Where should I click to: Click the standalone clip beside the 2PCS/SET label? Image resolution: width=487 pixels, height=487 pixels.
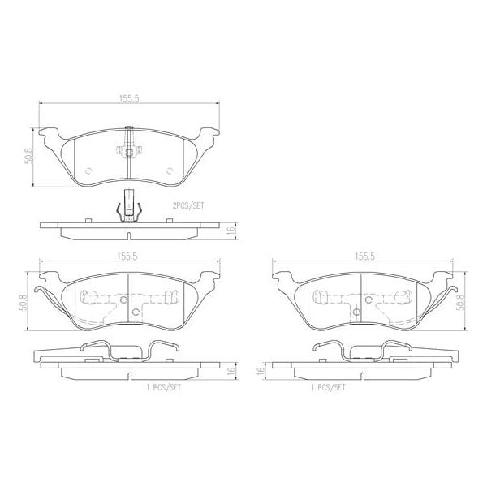pyautogui.click(x=129, y=205)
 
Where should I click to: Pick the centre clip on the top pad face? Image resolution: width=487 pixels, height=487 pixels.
pyautogui.click(x=129, y=150)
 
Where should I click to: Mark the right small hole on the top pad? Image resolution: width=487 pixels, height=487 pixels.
pyautogui.click(x=170, y=170)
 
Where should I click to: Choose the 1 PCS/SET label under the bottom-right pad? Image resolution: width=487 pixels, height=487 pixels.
pyautogui.click(x=328, y=388)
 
